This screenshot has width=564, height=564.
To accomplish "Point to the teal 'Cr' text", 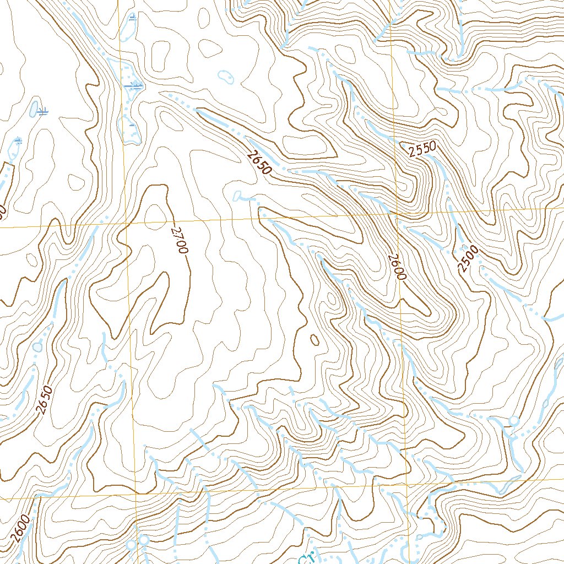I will [x=306, y=558].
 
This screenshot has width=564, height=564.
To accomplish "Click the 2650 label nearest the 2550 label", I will [x=259, y=164].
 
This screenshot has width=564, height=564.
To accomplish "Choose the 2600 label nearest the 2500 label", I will [x=396, y=267].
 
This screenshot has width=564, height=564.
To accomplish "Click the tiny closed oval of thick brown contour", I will [x=314, y=340].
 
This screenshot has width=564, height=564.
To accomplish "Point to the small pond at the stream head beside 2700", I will [x=238, y=196].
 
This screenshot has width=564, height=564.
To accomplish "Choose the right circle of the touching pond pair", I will [x=144, y=540].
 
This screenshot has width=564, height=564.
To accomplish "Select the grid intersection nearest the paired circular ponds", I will [x=135, y=493].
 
